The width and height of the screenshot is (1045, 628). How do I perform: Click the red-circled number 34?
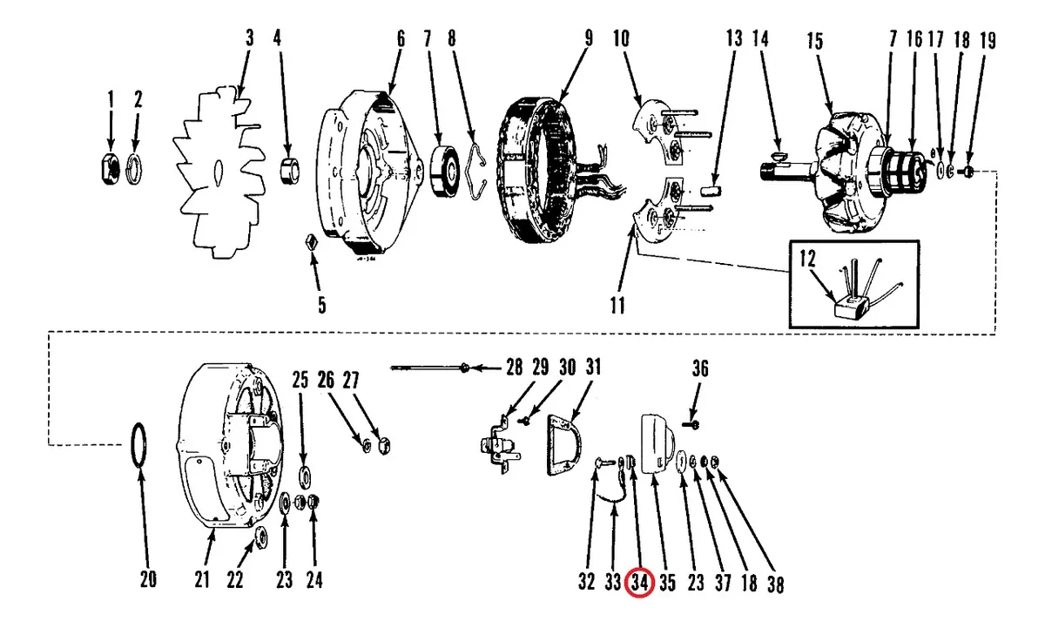(639, 583)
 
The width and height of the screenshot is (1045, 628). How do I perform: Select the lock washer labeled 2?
(134, 169)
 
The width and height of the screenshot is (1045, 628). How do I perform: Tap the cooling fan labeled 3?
(219, 172)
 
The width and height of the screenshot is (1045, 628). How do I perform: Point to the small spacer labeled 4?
(289, 171)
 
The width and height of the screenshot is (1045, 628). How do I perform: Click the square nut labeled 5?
(311, 243)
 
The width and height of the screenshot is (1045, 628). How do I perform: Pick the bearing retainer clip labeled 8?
(477, 172)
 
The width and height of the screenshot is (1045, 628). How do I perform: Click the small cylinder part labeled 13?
(711, 191)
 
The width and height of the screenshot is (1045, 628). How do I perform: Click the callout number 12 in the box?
(807, 258)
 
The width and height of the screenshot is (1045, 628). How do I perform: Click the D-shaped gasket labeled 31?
(563, 444)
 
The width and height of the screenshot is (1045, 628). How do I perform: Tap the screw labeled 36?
(691, 424)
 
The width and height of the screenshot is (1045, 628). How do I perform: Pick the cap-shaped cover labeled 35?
(657, 443)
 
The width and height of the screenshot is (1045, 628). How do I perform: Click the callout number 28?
(515, 368)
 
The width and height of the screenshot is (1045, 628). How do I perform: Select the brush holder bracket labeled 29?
(499, 446)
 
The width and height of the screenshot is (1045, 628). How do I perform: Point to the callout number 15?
(814, 42)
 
